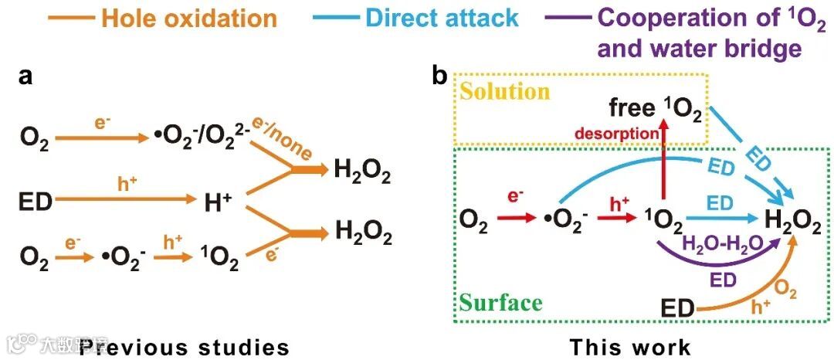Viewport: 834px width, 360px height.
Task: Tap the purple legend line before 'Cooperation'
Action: point(568,17)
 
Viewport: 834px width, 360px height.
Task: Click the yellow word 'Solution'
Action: point(504,91)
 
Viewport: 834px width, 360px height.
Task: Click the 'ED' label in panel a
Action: point(36,202)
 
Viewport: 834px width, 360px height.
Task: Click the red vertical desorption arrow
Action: point(663,166)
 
